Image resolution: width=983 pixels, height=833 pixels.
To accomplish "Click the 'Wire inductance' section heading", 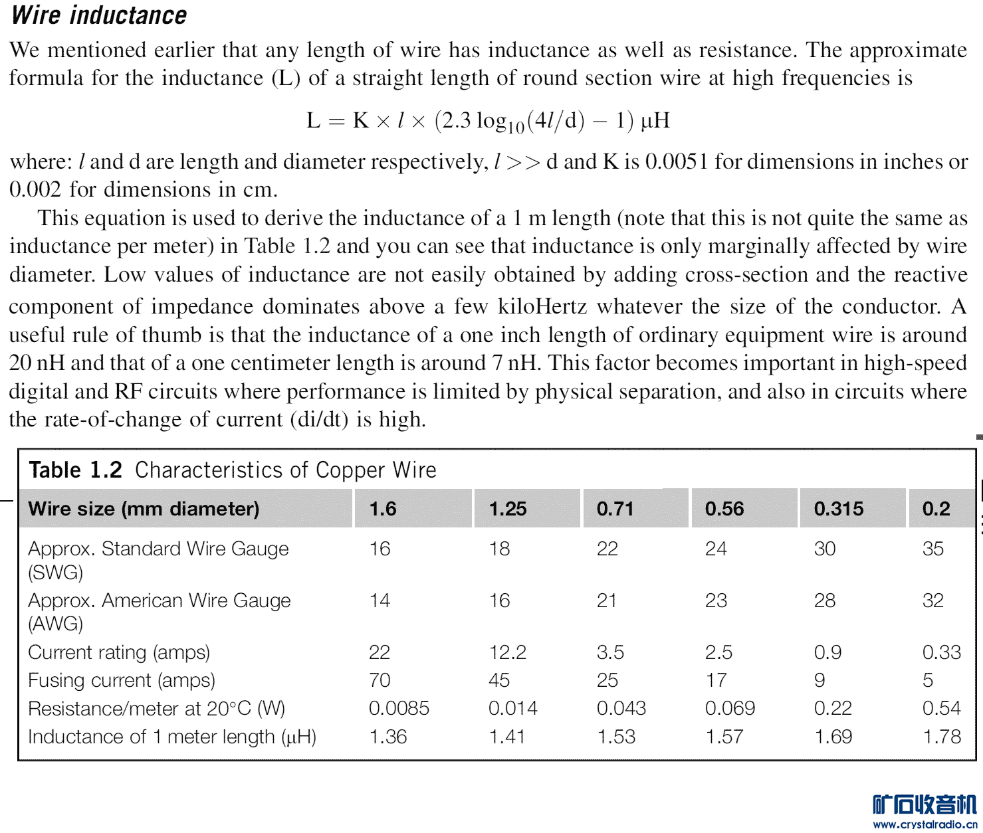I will click(99, 15).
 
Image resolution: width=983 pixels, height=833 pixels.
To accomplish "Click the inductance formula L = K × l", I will click(488, 121).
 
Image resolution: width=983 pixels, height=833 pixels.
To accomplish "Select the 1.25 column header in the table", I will click(508, 509).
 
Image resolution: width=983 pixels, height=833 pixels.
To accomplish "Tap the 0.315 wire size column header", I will click(839, 509).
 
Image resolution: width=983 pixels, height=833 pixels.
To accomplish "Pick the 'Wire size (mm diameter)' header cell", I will click(144, 509).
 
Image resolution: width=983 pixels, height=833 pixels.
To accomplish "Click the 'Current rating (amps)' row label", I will click(119, 652).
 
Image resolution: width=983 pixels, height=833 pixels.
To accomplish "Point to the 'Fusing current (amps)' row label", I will click(122, 680).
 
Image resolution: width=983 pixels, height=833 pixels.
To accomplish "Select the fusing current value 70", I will click(380, 680).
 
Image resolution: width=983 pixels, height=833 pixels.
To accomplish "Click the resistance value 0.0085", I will click(399, 708).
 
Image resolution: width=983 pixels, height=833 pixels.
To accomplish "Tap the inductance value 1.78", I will click(942, 737).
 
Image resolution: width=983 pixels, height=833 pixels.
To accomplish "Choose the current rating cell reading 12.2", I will click(508, 652).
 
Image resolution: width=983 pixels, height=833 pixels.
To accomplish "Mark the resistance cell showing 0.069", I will click(730, 708).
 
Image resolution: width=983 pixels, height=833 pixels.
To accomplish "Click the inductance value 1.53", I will click(616, 737).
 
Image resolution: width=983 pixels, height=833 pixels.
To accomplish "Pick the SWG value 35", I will click(933, 549).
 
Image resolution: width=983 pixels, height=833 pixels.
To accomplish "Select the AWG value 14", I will click(380, 601).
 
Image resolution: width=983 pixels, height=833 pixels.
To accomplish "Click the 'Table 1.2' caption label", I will click(76, 470).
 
